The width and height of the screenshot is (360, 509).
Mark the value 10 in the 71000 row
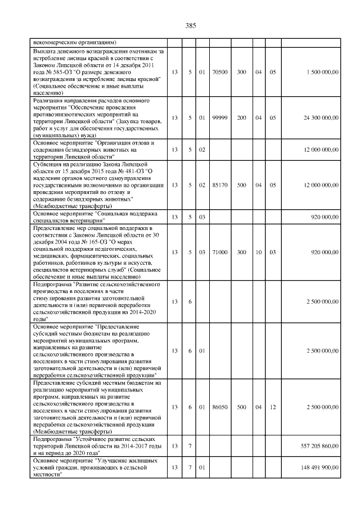click(x=258, y=253)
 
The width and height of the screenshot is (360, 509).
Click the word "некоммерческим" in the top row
click(x=55, y=42)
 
